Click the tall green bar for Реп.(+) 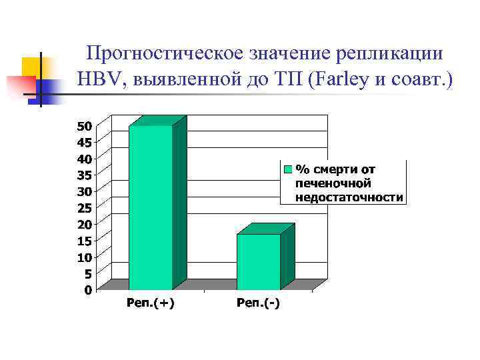pos(151,207)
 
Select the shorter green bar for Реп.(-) pos(259,261)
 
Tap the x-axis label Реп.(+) pos(151,304)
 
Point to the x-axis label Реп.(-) pos(259,304)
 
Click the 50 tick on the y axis pos(85,126)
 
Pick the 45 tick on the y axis pos(85,142)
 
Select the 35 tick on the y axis pos(85,175)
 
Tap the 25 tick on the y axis pos(85,207)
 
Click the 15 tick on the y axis pos(85,240)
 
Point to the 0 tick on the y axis pos(88,289)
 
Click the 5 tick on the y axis pos(88,273)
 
